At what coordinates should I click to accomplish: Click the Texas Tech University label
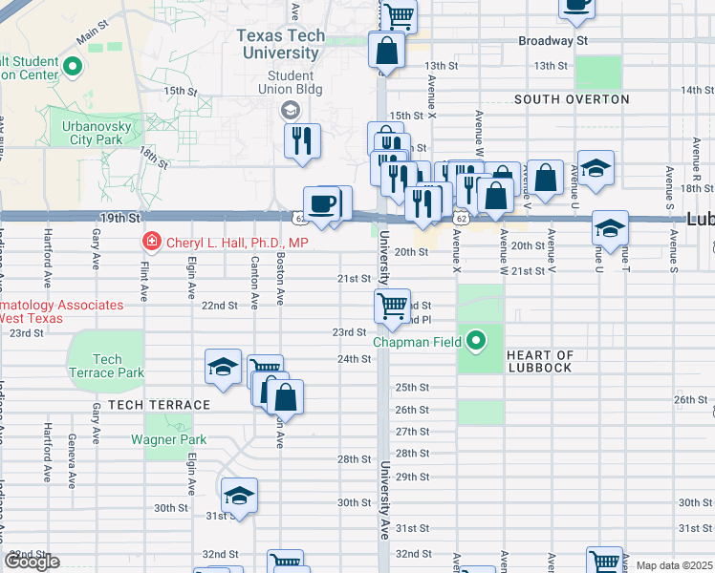[x=280, y=45]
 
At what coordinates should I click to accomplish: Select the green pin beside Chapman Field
[x=475, y=340]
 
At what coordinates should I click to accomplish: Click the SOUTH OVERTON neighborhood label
[x=572, y=99]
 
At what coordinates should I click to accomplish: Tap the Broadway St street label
[x=552, y=41]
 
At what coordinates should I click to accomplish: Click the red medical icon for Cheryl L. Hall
[x=150, y=243]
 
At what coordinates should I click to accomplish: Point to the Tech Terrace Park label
[x=107, y=366]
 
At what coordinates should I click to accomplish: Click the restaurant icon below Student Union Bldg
[x=303, y=140]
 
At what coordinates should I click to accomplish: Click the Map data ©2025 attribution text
[x=674, y=565]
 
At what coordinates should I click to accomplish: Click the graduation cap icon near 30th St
[x=239, y=495]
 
